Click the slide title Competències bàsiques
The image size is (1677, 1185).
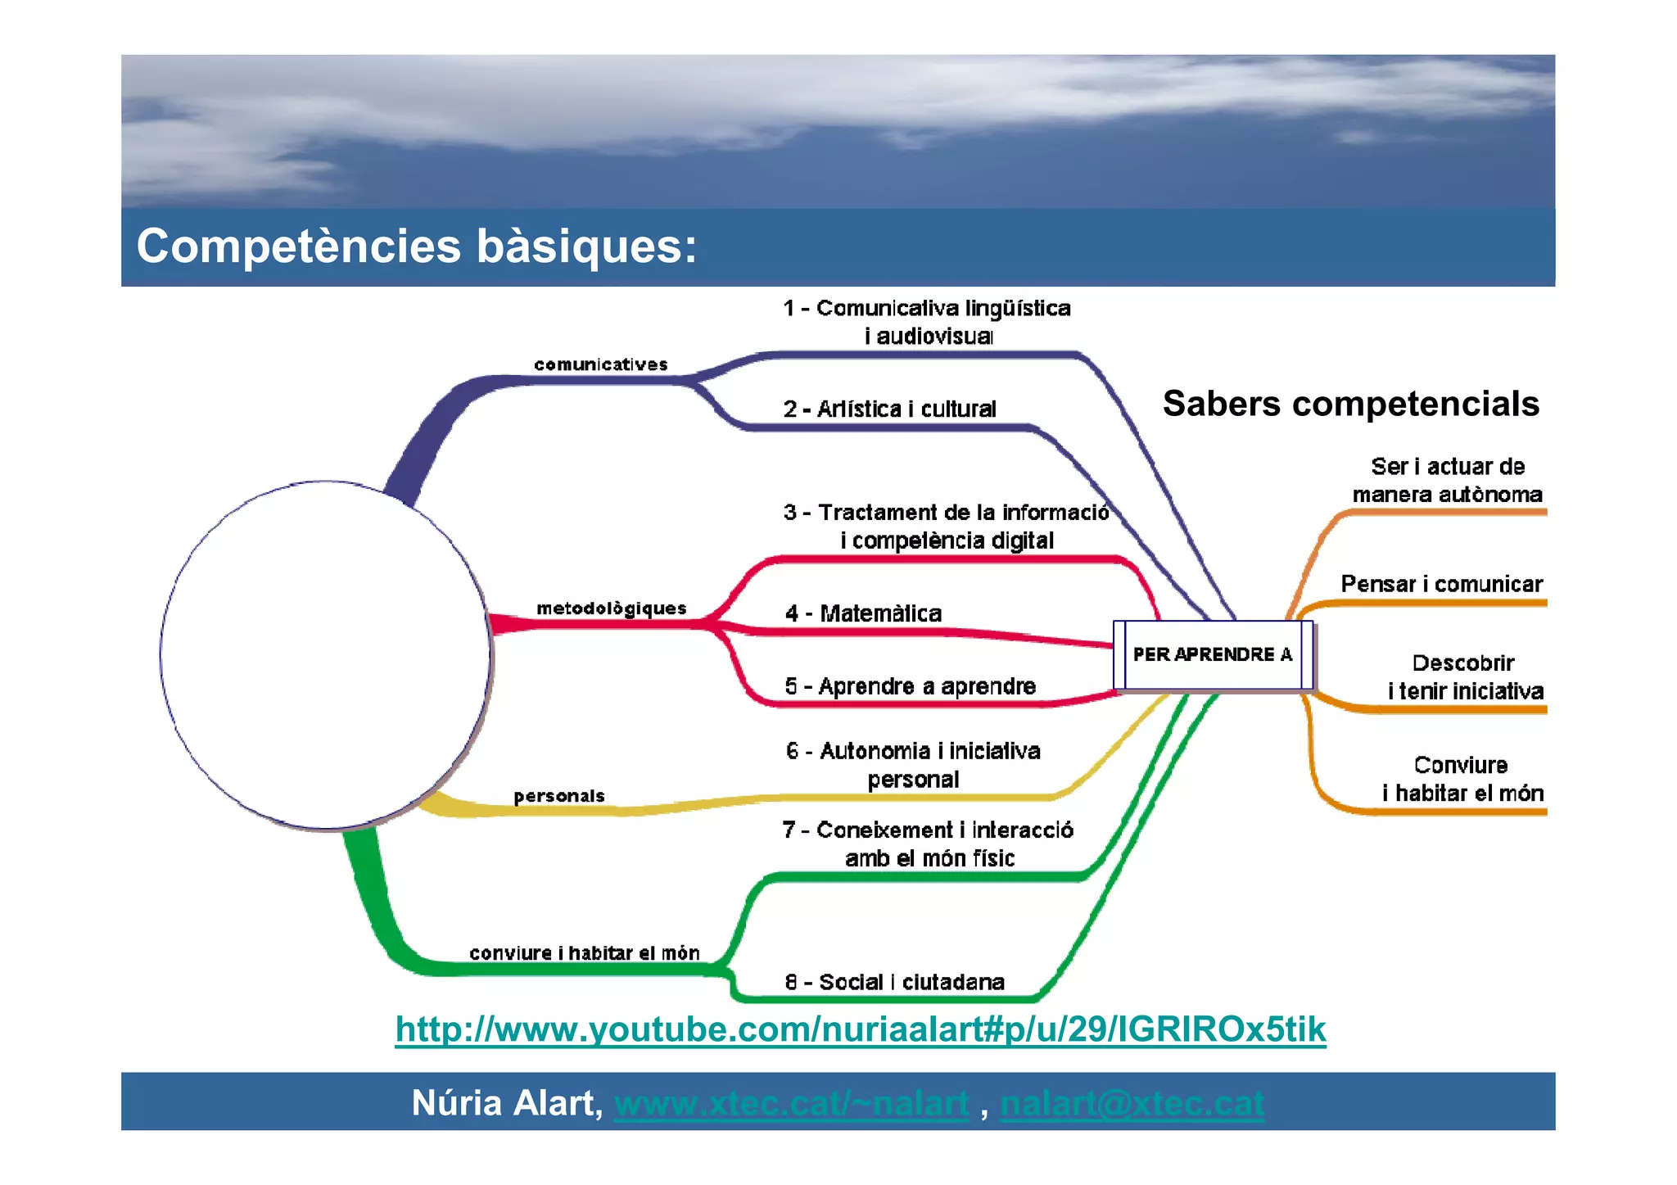point(416,246)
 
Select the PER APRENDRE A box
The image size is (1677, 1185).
point(1213,654)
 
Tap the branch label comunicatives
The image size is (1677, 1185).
point(600,364)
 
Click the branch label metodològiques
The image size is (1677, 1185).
point(611,608)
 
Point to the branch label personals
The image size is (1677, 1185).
point(558,795)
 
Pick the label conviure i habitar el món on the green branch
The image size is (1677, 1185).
point(584,952)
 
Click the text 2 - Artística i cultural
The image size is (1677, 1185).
point(889,409)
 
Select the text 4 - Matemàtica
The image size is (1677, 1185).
point(863,613)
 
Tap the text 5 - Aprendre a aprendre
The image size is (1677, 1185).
point(910,686)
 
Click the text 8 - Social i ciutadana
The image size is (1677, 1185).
point(894,982)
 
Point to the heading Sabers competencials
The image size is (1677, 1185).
point(1350,404)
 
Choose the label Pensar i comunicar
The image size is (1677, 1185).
point(1441,584)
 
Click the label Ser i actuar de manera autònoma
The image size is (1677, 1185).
point(1447,481)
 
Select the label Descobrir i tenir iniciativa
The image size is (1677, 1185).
point(1465,677)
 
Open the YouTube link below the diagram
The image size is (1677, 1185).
point(860,1029)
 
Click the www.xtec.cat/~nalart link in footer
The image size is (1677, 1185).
point(791,1104)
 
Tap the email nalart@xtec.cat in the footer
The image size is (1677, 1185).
point(1132,1104)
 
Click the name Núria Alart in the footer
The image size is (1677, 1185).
point(506,1103)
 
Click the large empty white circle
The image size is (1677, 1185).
point(325,655)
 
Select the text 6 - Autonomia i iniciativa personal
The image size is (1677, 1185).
point(913,765)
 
